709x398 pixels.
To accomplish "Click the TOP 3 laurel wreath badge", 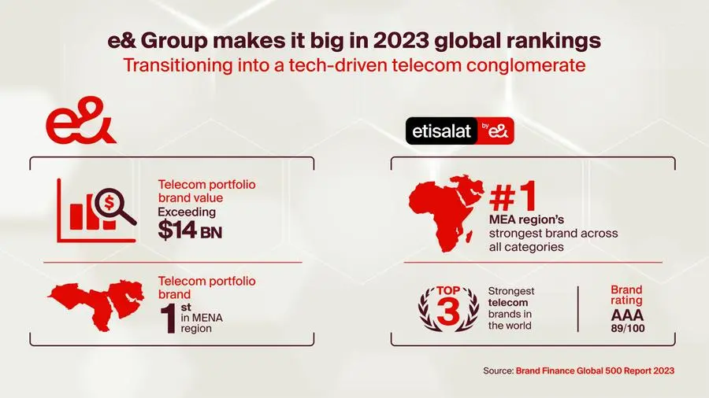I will point(447,307).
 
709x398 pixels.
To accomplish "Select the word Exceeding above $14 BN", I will point(187,212).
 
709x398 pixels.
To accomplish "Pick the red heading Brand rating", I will point(627,295).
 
